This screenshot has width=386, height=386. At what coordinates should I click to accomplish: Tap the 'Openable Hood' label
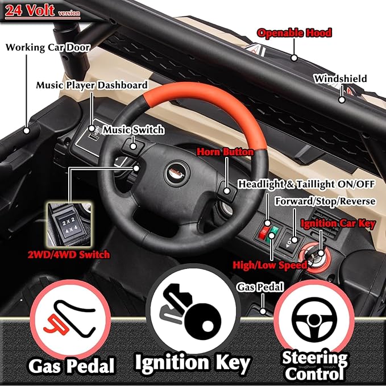[294, 33]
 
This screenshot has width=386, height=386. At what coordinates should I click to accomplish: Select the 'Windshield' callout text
[341, 79]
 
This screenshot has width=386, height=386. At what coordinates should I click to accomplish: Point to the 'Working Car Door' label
[48, 47]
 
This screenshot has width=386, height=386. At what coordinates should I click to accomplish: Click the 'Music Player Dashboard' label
[92, 85]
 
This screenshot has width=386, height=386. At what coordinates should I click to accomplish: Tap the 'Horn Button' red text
[225, 152]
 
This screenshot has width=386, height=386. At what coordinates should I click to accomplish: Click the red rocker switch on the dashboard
[264, 232]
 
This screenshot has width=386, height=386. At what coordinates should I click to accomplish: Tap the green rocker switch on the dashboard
[272, 235]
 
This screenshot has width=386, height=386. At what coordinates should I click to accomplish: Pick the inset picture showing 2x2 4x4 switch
[69, 225]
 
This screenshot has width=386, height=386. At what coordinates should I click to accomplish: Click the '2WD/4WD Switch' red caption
[69, 255]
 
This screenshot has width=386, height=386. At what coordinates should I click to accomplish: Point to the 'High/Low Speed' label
[270, 265]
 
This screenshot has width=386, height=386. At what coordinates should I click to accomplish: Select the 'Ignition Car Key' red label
[338, 224]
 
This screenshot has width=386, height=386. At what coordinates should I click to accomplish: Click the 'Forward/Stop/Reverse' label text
[325, 201]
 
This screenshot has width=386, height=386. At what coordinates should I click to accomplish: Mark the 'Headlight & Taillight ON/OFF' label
[306, 184]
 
